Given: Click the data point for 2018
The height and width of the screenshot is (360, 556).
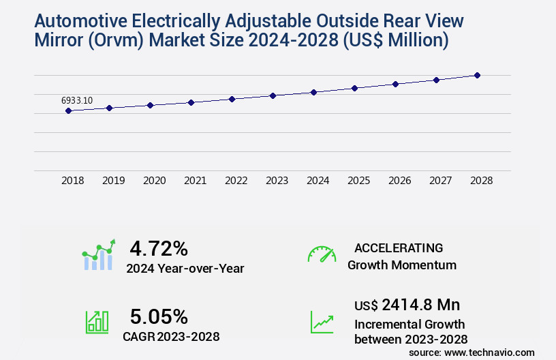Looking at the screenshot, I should click(x=69, y=110).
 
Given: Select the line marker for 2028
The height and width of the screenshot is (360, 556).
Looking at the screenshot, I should click(x=477, y=75).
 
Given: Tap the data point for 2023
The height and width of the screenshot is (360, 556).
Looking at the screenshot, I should click(x=273, y=95).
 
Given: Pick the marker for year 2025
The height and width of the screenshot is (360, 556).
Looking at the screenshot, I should click(x=354, y=88).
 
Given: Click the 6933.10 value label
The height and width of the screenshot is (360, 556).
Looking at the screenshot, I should click(x=77, y=100).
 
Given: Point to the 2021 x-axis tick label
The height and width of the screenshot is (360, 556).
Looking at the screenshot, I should click(x=196, y=181).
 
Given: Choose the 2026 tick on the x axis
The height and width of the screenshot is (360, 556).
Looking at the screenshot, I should click(x=400, y=181).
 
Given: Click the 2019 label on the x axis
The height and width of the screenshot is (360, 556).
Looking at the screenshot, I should click(x=114, y=181).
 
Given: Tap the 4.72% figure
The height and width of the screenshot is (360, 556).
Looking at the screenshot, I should click(x=159, y=247).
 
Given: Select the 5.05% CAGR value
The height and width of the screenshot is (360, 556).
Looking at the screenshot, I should click(x=159, y=316).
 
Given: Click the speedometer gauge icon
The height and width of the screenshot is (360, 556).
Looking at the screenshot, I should click(x=322, y=254).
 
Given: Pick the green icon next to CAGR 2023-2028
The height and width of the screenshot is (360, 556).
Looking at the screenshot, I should click(x=96, y=322).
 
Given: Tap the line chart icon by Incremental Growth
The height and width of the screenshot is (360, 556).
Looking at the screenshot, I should click(x=322, y=322).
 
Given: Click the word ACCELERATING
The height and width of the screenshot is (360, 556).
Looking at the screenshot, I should click(x=399, y=247).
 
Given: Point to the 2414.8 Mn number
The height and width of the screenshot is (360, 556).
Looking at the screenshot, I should click(x=421, y=304).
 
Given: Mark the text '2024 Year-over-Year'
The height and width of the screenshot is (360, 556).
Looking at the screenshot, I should click(x=185, y=269).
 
